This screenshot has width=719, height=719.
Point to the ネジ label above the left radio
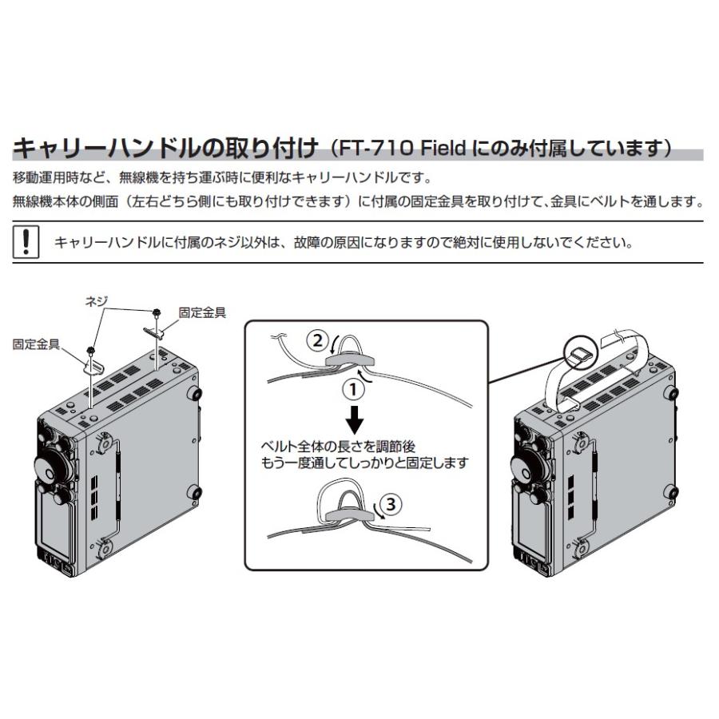(x=97, y=300)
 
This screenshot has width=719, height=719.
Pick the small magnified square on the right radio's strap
(x=581, y=352)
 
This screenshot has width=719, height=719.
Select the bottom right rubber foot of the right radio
(x=673, y=491)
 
